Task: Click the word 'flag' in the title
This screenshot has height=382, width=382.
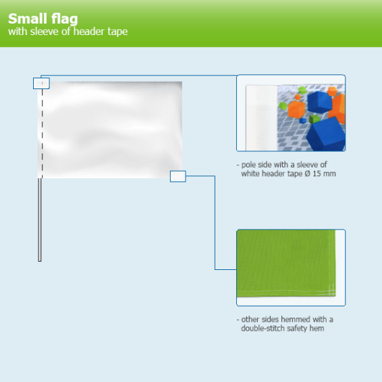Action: [61, 19]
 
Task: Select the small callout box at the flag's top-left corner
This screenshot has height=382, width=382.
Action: [41, 84]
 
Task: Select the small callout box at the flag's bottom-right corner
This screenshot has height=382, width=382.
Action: [178, 176]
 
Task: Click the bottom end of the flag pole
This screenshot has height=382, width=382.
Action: [40, 259]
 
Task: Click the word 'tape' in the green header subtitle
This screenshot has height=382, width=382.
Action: [117, 32]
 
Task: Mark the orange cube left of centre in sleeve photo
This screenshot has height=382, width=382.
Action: [295, 107]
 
